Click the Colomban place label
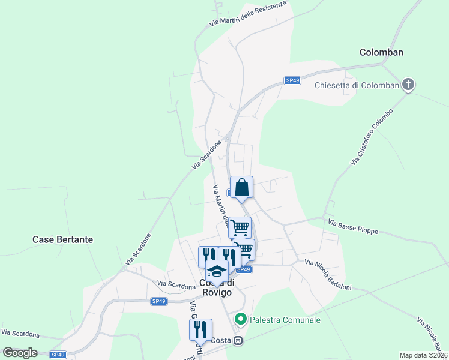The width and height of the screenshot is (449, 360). point(381,52)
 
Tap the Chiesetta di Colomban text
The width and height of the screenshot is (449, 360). point(357,85)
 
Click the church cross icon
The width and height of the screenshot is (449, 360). point(408,84)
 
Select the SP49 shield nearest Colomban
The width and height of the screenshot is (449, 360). point(292,80)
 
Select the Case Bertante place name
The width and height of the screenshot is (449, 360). point(62,239)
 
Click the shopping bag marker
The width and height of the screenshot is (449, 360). point(241,187)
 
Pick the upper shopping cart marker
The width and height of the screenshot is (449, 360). point(240,227)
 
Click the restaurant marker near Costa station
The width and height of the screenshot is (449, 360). point(200,329)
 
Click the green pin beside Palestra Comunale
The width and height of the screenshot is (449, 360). point(241,319)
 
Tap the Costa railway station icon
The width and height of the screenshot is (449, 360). point(238,341)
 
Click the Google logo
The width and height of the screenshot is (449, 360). point(20,353)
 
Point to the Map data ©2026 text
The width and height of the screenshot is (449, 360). point(424,355)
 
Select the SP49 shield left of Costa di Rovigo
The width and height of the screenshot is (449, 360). point(158,301)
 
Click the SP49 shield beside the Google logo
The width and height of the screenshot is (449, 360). point(58,355)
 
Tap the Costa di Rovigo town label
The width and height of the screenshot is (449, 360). point(215,288)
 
